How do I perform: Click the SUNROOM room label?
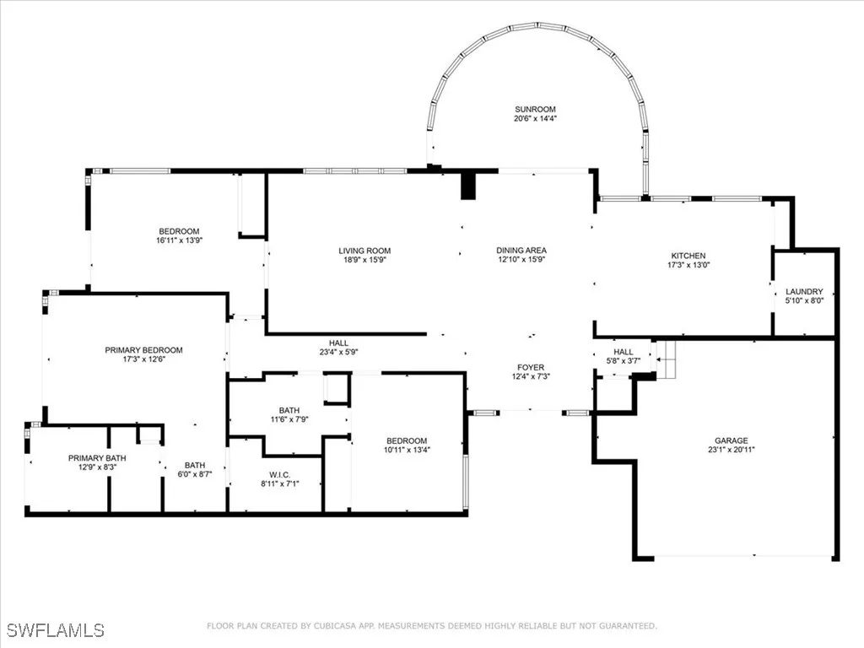pos(536,110)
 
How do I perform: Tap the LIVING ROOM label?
pos(364,251)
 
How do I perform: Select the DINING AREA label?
pos(521,251)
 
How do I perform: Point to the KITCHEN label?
pos(688,256)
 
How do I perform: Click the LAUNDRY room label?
pos(804,292)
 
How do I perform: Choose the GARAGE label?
pos(731,440)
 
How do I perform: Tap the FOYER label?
pos(531,367)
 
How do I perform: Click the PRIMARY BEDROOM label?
pos(143,350)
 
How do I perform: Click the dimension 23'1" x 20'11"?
pos(731,450)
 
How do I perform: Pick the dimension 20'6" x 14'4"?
pos(536,119)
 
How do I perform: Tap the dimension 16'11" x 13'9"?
pos(179,240)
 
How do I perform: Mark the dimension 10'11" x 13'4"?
pos(407,450)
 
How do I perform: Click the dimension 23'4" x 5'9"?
pos(338,353)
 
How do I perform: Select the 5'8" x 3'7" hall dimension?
pos(623,361)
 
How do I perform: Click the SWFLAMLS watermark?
pos(55,630)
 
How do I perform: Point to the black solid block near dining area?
pos(468,186)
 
